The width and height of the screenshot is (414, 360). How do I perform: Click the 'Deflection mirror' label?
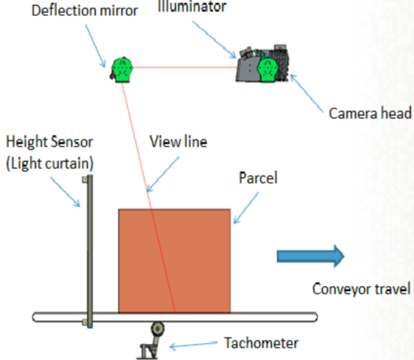pos(84,11)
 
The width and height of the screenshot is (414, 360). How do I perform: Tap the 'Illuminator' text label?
pos(192,6)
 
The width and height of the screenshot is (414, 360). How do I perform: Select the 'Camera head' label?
pos(370,114)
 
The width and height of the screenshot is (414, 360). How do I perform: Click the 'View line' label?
pos(179,142)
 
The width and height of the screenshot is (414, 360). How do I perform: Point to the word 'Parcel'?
pos(258,177)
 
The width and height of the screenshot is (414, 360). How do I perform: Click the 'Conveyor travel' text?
pos(361,289)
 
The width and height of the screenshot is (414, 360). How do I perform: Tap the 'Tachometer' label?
pos(262,343)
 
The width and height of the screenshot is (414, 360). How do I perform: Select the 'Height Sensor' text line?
pos(49,142)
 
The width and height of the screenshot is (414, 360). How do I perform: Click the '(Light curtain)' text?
pos(50,164)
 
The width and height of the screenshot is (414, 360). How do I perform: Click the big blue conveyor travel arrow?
pos(311,256)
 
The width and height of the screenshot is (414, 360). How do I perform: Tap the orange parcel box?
pos(174,261)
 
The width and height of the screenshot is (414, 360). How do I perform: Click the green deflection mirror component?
pos(122,70)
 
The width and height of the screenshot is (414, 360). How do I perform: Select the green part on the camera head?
pos(267,70)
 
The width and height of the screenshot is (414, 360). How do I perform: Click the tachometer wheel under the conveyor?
pos(158,328)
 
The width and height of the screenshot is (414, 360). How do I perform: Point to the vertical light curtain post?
pos(90,251)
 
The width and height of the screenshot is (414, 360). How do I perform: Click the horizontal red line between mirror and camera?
pos(185,67)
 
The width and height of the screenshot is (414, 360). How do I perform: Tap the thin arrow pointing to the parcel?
pos(246,208)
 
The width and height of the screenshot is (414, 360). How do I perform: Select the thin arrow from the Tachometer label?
pos(193,345)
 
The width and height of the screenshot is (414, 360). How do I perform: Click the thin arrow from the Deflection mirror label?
pos(95,45)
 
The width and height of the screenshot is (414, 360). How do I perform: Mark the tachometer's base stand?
pos(148,351)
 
